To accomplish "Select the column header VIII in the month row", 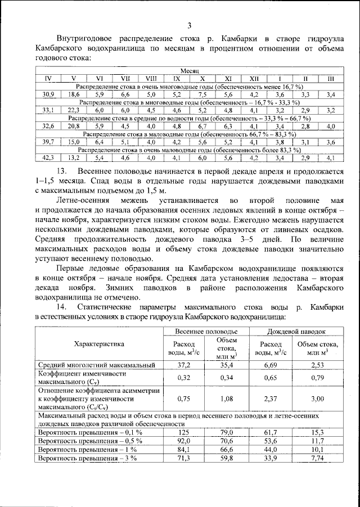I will (151, 79).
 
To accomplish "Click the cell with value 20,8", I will (74, 126).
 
